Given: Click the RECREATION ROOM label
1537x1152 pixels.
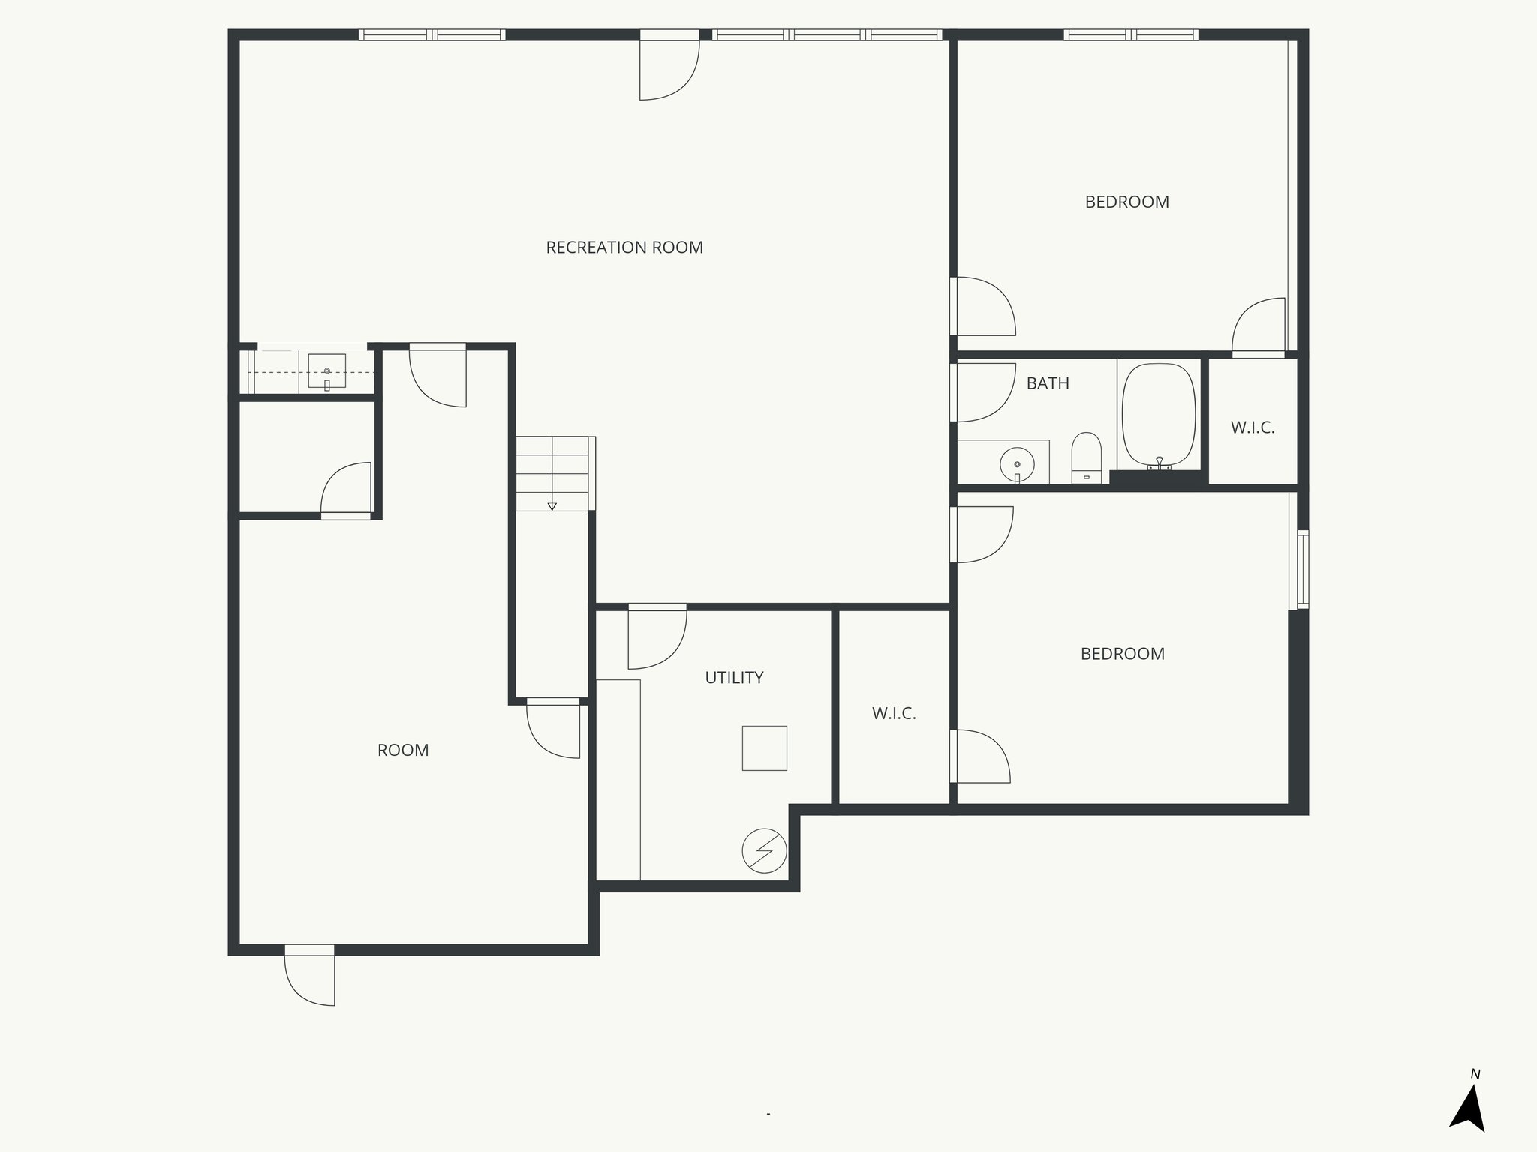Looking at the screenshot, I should tap(624, 247).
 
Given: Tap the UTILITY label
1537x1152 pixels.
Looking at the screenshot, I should tap(734, 678).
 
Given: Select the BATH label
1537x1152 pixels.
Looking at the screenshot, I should tap(1048, 383).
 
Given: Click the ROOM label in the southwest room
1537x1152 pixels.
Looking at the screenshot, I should tap(403, 751).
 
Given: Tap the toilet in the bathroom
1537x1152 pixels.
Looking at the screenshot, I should tap(1086, 457).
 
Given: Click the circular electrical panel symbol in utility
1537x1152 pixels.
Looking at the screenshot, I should tap(764, 850).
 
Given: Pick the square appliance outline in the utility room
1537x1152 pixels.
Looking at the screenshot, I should tap(764, 748).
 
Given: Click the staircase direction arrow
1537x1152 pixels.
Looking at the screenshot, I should tap(552, 504).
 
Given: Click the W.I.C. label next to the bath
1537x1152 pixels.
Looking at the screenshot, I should tap(1253, 428).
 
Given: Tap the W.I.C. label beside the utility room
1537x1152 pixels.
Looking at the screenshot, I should tap(894, 714).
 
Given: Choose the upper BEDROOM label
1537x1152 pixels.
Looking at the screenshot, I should tap(1126, 202).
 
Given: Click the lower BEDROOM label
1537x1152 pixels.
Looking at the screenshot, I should tap(1122, 654).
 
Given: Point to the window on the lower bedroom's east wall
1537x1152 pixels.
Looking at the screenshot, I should tap(1303, 569).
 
